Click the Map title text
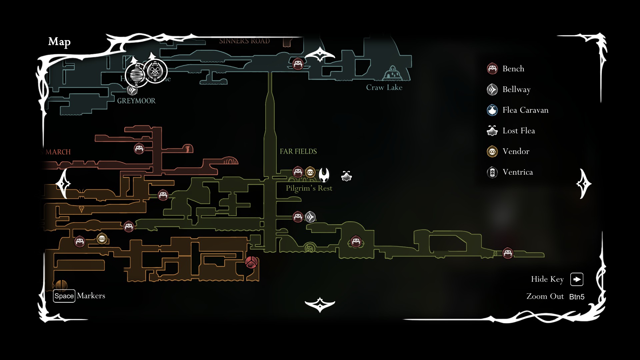coord(59,42)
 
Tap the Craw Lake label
coord(384,87)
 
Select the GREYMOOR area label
coord(136,101)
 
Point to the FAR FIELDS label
coord(298,151)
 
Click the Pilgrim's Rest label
coord(309,188)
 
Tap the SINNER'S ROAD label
coord(244,41)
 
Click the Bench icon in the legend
coord(492,69)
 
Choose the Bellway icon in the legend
coord(492,89)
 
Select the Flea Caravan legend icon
coord(492,110)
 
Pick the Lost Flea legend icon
coord(492,131)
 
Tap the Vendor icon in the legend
coord(492,151)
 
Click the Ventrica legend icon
coord(492,172)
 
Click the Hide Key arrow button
coord(577,279)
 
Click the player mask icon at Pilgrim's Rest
coord(324,174)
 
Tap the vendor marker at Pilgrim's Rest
coord(310,172)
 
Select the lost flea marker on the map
coord(347,176)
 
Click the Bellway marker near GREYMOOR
coord(132,90)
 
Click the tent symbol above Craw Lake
coord(393,73)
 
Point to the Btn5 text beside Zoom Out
coord(577,297)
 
